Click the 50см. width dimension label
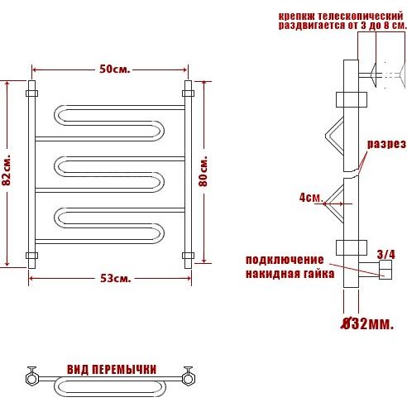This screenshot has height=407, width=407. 114,69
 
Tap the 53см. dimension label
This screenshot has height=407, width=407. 115,279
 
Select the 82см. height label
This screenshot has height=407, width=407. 6,170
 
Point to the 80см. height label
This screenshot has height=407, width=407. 203,171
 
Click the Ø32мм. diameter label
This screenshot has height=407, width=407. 367,323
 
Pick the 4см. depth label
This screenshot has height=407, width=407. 311,198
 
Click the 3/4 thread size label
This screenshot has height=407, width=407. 386,254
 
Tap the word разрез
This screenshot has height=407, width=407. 386,144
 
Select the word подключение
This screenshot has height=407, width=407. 285,261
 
